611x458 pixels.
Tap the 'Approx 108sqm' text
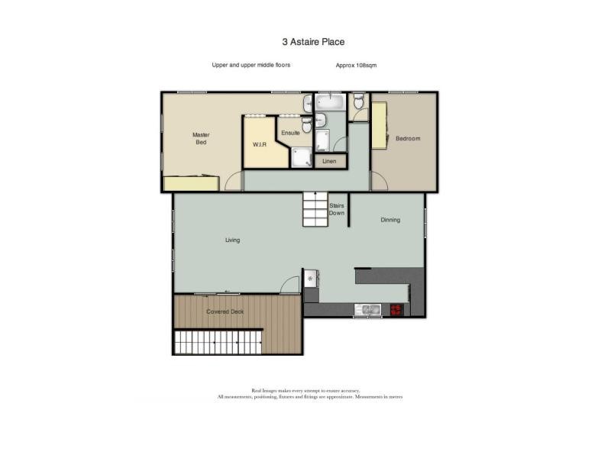point(356,66)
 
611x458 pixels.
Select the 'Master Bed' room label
point(201,138)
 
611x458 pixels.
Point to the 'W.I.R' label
point(258,144)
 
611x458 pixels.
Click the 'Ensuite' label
point(290,133)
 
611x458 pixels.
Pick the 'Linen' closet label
point(329,161)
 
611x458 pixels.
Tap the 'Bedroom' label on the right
point(408,138)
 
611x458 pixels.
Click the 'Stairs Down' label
point(337,209)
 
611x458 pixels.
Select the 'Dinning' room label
point(390,220)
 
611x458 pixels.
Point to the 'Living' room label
point(232,240)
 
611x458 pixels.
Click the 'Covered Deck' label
point(225,311)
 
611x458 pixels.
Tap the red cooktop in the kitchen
point(396,309)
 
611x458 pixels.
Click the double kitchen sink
point(370,309)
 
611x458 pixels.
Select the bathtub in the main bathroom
point(331,103)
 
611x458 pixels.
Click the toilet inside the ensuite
point(306,124)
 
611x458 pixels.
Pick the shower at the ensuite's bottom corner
point(303,156)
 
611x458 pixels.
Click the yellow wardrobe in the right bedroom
point(379,126)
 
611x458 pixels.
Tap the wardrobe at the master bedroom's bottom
point(192,184)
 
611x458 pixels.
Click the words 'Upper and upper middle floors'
point(251,66)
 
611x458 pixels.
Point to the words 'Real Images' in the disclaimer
point(263,390)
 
